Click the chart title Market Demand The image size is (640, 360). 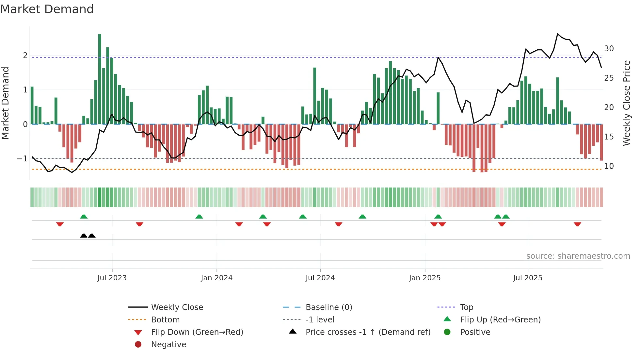pyautogui.click(x=47, y=9)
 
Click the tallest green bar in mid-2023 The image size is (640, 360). pyautogui.click(x=100, y=78)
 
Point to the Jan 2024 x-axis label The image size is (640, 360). pyautogui.click(x=216, y=278)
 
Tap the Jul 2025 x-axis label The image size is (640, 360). pyautogui.click(x=527, y=278)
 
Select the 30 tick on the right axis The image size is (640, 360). pyautogui.click(x=609, y=49)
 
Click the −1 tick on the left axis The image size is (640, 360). pyautogui.click(x=22, y=159)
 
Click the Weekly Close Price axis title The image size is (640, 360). pyautogui.click(x=626, y=103)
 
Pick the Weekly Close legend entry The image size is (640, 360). pyautogui.click(x=177, y=307)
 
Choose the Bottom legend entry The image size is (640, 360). pyautogui.click(x=165, y=320)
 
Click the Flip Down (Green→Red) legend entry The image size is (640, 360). pyautogui.click(x=197, y=332)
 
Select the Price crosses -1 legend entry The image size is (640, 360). pyautogui.click(x=368, y=332)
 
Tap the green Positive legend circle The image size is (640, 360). pyautogui.click(x=447, y=332)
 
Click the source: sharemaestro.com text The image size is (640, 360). pyautogui.click(x=578, y=256)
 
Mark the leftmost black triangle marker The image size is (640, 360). pyautogui.click(x=84, y=236)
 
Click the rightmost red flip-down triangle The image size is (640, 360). pyautogui.click(x=577, y=224)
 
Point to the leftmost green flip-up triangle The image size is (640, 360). pyautogui.click(x=84, y=217)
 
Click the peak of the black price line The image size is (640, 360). pyautogui.click(x=558, y=34)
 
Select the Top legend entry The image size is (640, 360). pyautogui.click(x=466, y=307)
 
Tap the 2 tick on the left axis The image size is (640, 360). pyautogui.click(x=25, y=56)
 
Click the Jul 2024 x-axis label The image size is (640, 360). pyautogui.click(x=320, y=278)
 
